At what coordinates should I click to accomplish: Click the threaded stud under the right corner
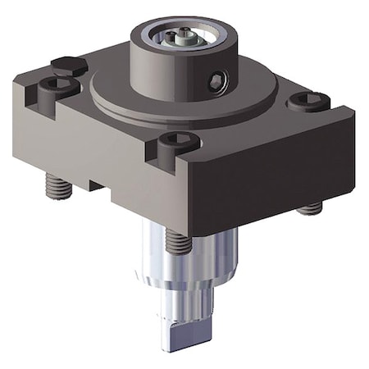[309, 208]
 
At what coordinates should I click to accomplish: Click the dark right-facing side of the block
[279, 176]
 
